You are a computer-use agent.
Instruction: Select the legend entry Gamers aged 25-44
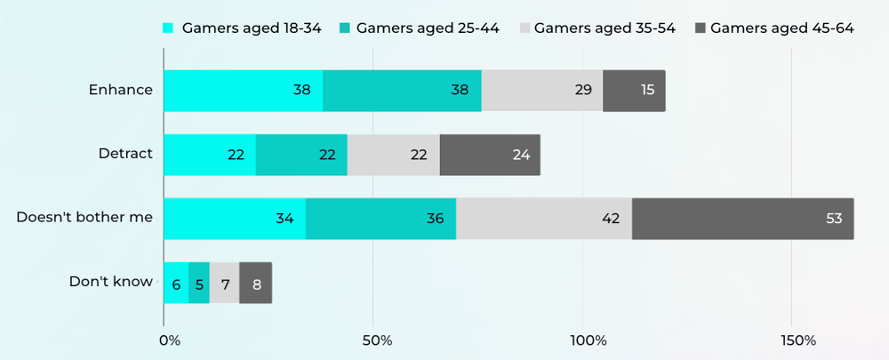[419, 28]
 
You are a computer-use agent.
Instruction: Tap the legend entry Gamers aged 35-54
[596, 28]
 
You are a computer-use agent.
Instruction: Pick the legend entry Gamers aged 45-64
[773, 28]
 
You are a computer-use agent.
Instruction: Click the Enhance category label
[120, 90]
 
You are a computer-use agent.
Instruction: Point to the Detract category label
[125, 154]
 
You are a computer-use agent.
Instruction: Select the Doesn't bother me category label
[84, 218]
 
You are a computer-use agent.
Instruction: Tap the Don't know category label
[111, 282]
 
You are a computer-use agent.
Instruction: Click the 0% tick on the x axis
[169, 341]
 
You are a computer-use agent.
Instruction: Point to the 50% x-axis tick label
[377, 341]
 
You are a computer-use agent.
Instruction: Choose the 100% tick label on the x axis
[588, 341]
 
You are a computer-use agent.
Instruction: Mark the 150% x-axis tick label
[797, 341]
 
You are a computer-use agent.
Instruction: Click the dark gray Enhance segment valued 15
[634, 91]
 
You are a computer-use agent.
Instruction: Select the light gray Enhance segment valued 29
[542, 91]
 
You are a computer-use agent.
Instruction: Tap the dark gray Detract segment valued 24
[490, 155]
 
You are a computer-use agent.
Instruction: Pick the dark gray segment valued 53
[742, 219]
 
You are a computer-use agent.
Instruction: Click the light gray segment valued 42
[544, 219]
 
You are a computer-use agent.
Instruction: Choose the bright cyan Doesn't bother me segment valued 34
[235, 219]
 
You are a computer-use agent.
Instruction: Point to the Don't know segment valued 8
[255, 283]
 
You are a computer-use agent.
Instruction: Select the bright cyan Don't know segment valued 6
[176, 283]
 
